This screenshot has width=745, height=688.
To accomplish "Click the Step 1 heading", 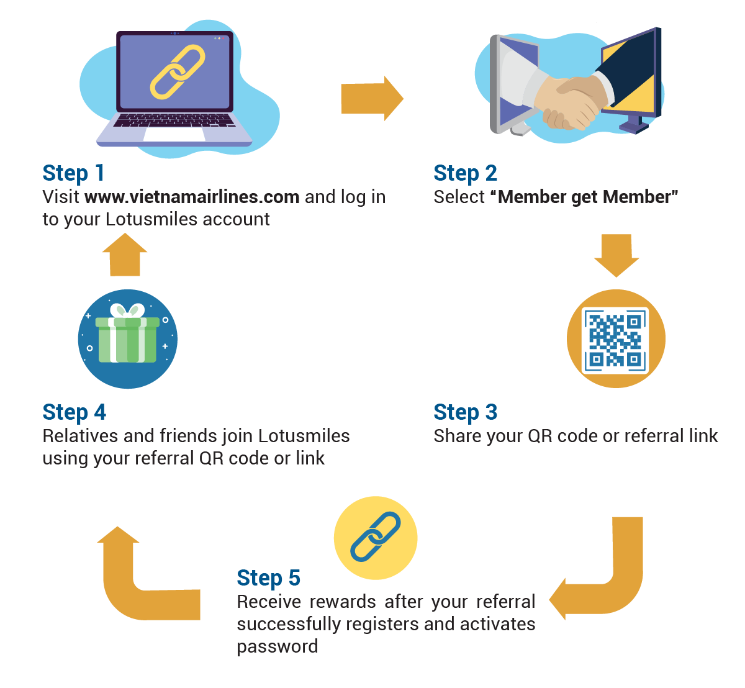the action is [73, 173].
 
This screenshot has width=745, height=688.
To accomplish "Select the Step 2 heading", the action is [465, 173].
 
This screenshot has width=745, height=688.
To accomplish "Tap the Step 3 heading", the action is [465, 412].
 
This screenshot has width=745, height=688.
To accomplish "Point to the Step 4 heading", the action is [74, 412].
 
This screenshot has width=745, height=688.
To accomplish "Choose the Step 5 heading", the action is [269, 578].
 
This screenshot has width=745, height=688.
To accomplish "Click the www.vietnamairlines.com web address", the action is [192, 197].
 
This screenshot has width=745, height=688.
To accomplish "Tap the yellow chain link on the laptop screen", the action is [178, 71].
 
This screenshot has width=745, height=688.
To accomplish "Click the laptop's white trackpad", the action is [174, 134].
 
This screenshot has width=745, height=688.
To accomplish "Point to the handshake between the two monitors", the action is [571, 102].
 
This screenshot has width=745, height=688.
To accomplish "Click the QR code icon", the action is [615, 340].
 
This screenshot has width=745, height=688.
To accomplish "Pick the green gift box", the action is [127, 333].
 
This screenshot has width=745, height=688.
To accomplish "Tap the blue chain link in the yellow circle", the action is [375, 536].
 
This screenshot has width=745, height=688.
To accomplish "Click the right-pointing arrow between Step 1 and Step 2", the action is [372, 98].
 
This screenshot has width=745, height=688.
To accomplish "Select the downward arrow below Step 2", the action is [616, 256].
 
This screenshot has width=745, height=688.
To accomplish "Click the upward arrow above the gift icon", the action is [125, 255].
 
